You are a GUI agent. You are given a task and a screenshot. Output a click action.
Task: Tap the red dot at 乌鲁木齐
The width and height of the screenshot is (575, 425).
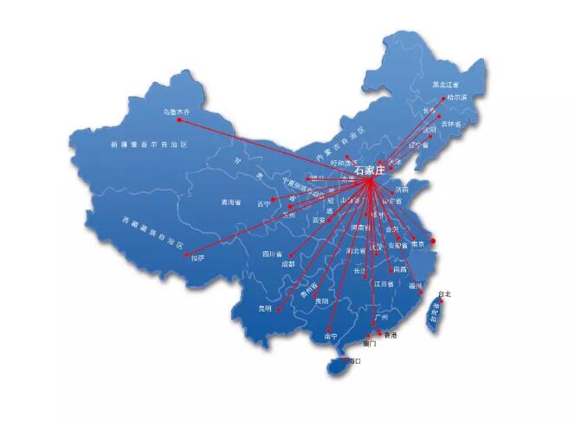click(179, 119)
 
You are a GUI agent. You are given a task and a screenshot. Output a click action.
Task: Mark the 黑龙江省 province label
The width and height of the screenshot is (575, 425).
click(446, 85)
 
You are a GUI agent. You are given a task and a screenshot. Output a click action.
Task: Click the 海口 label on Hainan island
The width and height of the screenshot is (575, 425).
click(352, 360)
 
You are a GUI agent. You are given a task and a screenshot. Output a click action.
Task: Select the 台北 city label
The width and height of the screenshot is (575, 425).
click(445, 294)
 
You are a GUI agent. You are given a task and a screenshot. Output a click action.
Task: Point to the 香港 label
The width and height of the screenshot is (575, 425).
click(391, 335)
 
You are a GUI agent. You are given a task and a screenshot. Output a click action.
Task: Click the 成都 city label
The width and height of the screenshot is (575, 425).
click(286, 263)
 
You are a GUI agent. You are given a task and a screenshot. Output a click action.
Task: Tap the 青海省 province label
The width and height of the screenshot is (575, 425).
click(231, 203)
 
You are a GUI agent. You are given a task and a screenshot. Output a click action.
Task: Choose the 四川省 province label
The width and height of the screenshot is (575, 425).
click(274, 254)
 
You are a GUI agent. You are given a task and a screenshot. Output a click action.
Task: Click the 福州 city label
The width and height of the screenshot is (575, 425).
click(416, 285)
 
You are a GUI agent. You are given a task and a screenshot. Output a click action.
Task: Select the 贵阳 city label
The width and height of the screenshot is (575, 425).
click(321, 299)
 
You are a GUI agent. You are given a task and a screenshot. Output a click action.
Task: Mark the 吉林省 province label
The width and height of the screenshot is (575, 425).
click(451, 124)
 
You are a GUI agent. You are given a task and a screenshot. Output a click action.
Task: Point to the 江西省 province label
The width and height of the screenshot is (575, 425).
click(383, 284)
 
